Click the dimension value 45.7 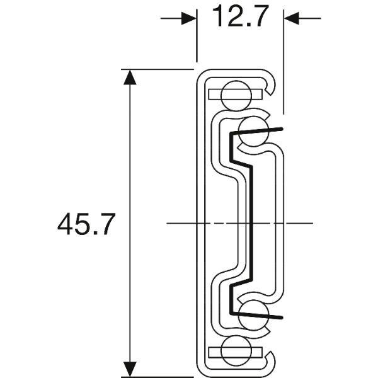(86, 225)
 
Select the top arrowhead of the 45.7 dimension (130, 77)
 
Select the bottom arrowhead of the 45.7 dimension (130, 369)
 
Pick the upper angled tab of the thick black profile (258, 131)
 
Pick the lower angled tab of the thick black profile (258, 312)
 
